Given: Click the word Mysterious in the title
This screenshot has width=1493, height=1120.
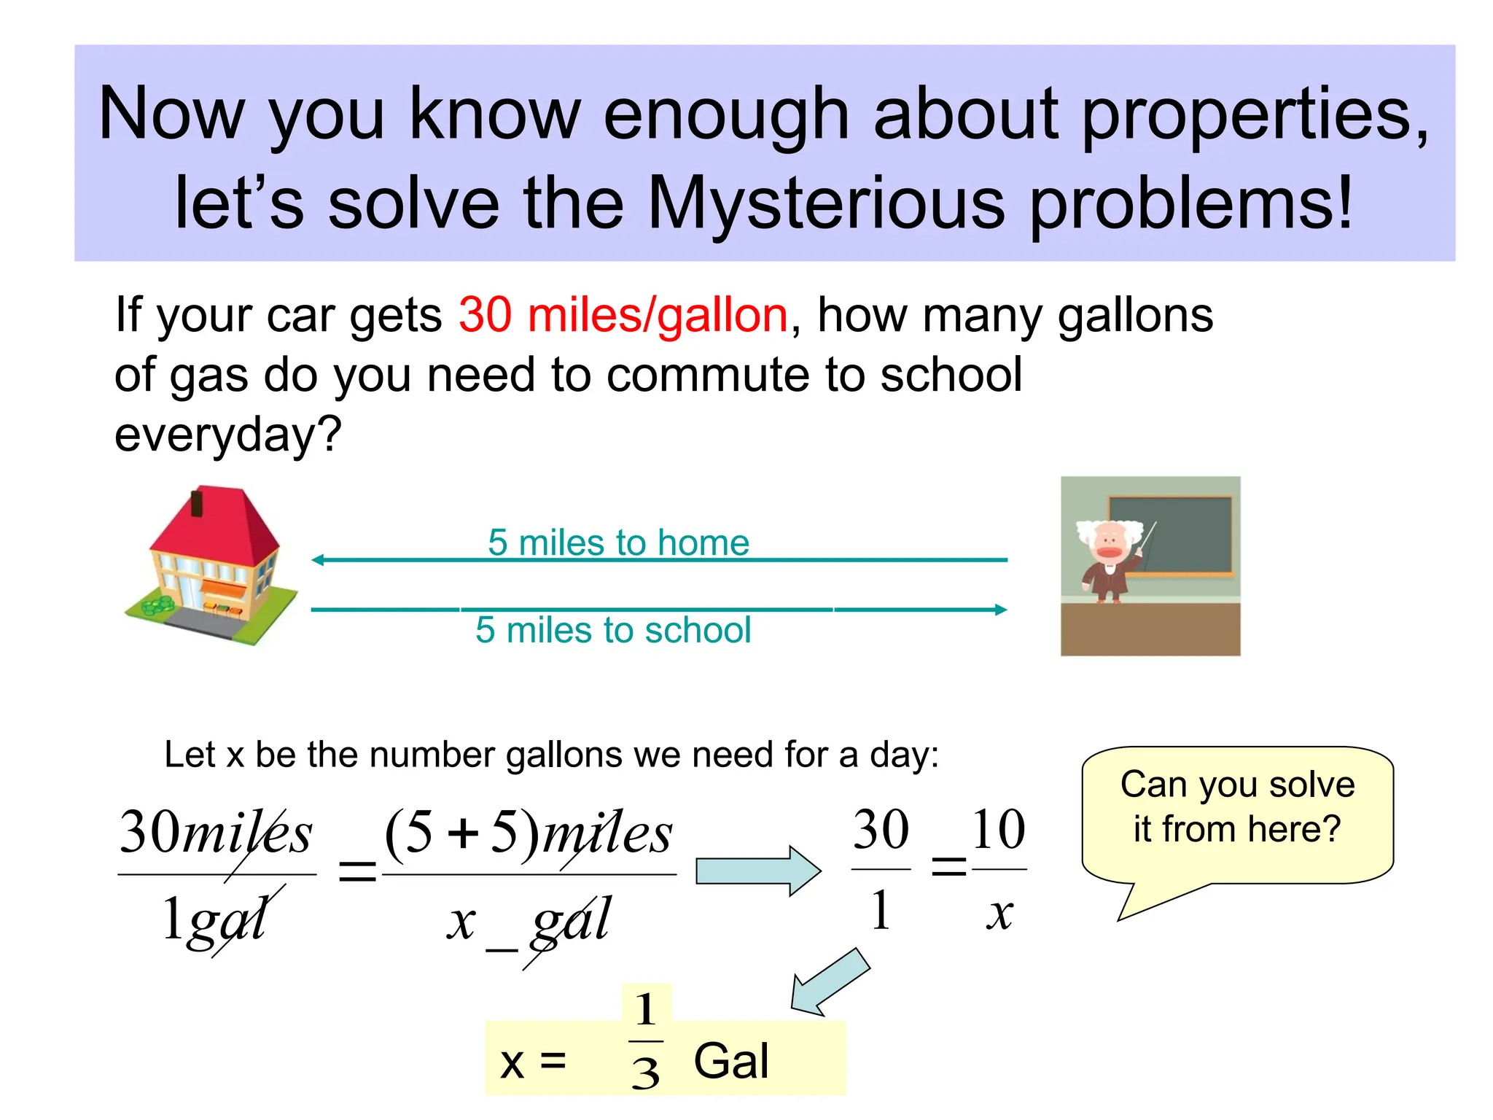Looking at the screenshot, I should [x=826, y=203].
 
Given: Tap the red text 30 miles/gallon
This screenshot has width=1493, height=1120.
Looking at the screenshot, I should [x=623, y=315].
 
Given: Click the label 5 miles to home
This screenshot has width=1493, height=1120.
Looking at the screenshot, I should [x=618, y=542].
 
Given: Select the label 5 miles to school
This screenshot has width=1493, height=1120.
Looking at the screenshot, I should [x=613, y=630].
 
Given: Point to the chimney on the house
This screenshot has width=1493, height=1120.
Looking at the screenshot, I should [x=196, y=503].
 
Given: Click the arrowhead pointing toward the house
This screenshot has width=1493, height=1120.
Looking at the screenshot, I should [x=318, y=560].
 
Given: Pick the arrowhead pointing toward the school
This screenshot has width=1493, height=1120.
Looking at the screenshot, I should [x=1001, y=610].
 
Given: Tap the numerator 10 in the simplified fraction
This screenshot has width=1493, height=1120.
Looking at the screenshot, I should [x=998, y=830].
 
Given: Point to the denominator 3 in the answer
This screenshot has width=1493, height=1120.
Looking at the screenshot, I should [x=646, y=1073].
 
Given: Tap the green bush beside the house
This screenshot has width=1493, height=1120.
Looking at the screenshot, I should [x=159, y=604].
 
